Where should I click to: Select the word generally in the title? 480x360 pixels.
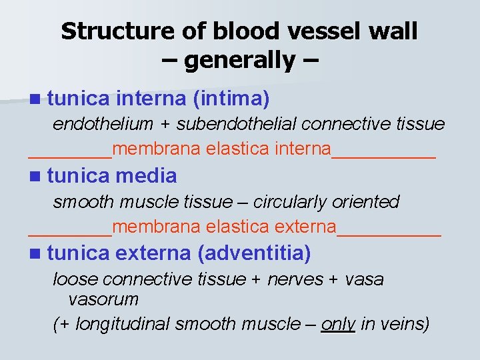tap(239, 61)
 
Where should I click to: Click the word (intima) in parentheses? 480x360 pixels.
tap(231, 100)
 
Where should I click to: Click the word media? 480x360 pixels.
tap(146, 176)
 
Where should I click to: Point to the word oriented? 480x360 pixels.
tap(369, 201)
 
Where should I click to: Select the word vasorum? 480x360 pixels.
tap(103, 299)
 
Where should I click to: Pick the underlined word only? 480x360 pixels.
tap(338, 324)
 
